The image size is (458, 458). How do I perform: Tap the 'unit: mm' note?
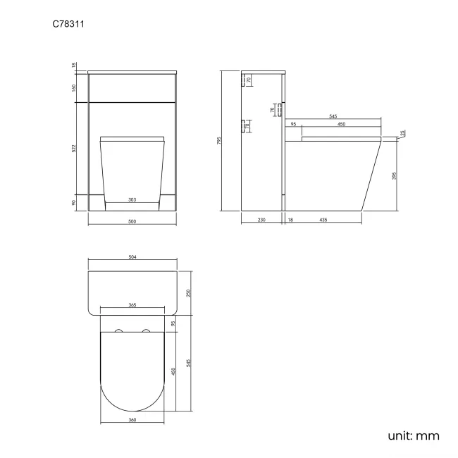pos(414,435)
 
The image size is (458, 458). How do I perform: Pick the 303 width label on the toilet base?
pos(132,200)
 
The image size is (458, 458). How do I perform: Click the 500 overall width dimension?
pos(132,221)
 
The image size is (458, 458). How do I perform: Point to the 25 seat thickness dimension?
pos(402,133)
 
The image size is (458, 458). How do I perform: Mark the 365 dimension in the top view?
pos(132,306)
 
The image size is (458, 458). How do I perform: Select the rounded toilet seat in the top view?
pos(132,373)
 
